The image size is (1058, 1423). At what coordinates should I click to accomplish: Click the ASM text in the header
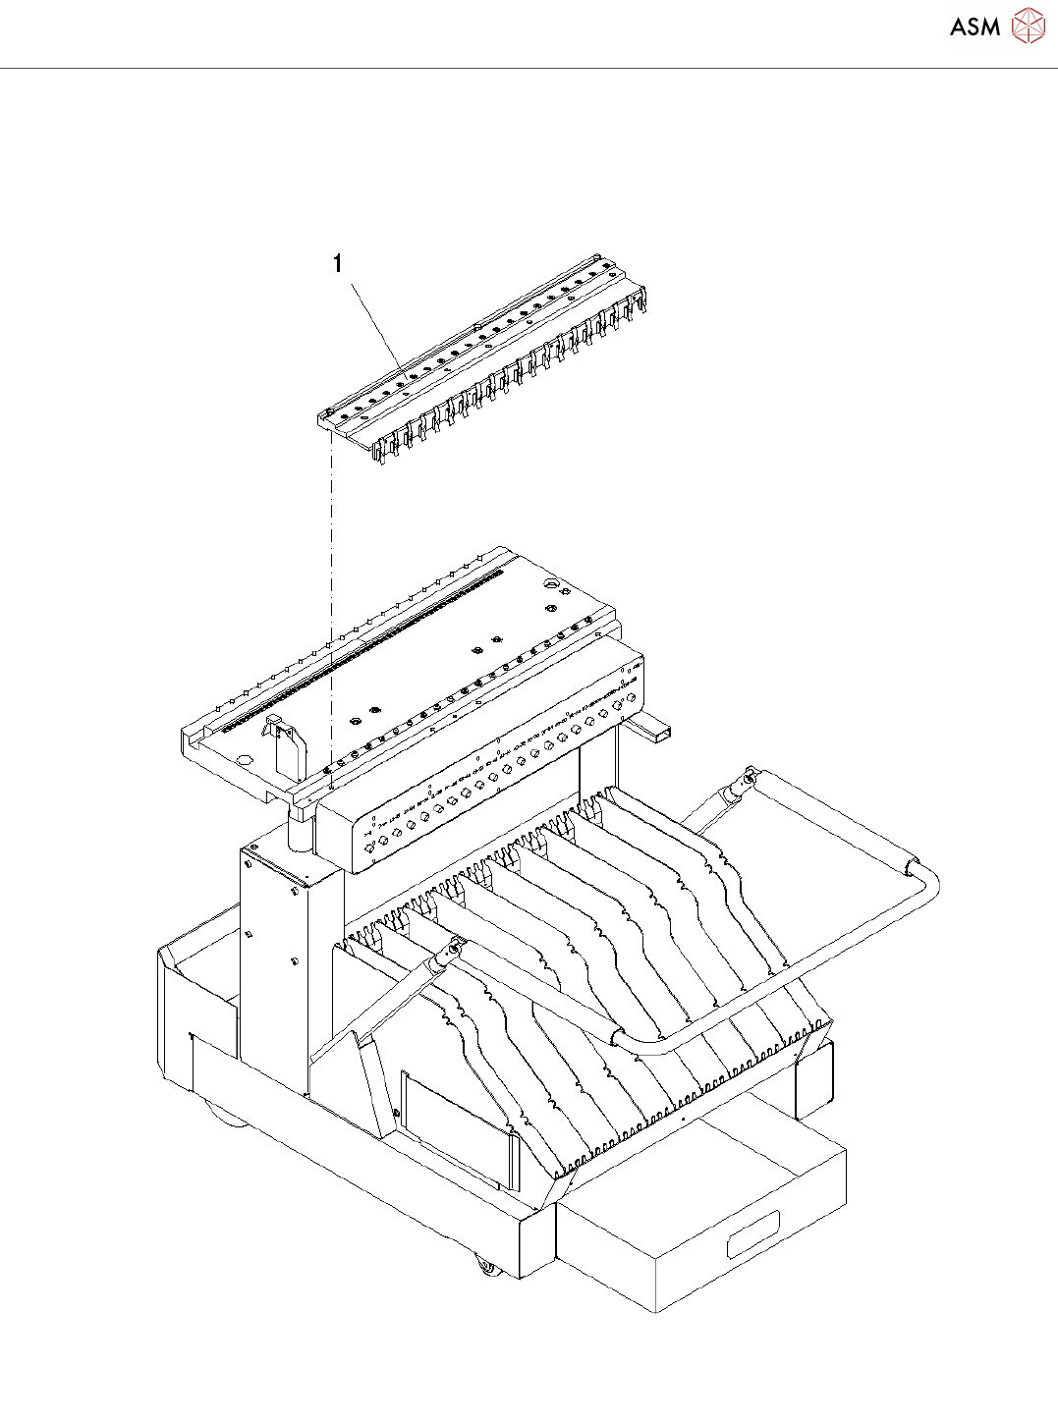click(x=974, y=27)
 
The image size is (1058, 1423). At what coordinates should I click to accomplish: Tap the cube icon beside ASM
click(x=1028, y=26)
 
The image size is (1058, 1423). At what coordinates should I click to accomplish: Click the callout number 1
click(x=338, y=263)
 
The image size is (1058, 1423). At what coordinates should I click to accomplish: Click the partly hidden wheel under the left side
click(x=218, y=1110)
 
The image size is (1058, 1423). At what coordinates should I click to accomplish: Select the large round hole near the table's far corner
click(x=550, y=586)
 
